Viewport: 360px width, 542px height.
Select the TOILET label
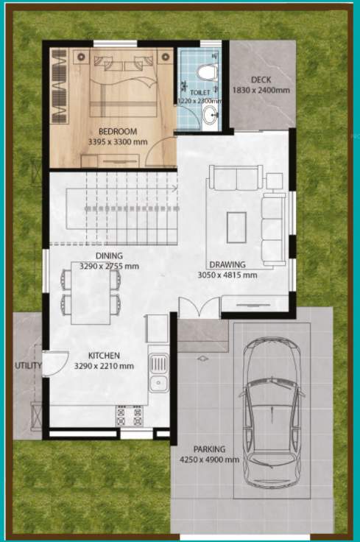tap(200, 94)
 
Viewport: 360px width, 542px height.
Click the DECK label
tap(261, 80)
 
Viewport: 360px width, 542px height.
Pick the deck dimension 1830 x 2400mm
tap(261, 90)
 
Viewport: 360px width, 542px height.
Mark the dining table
tap(91, 292)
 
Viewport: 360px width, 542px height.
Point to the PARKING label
tap(210, 449)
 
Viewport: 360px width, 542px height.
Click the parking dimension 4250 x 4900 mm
tap(210, 460)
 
